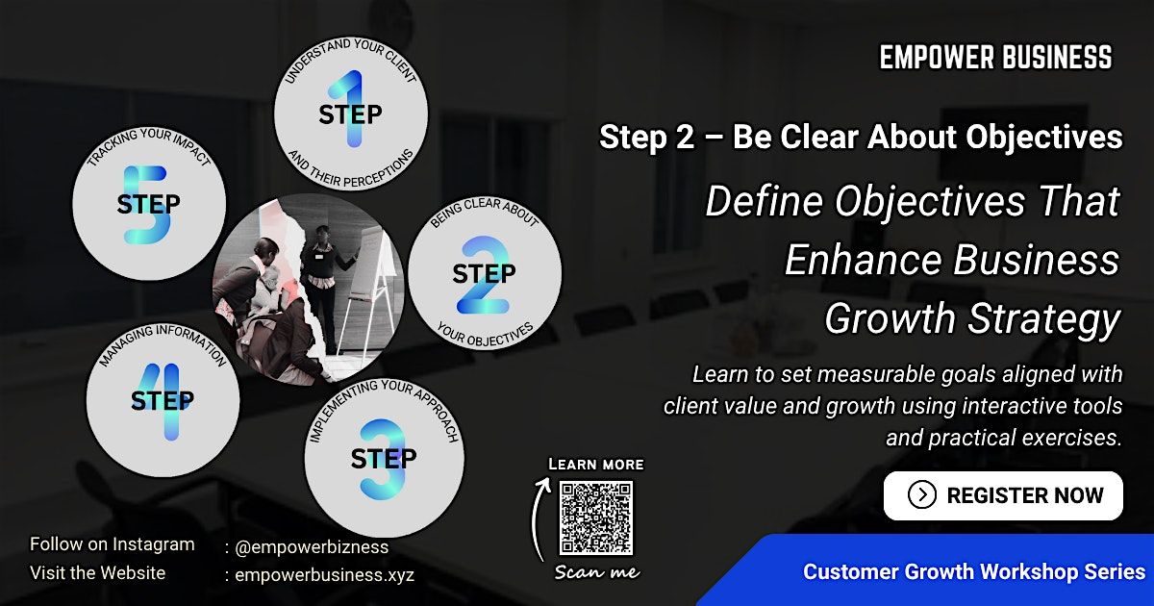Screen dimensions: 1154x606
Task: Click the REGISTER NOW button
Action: point(1003,495)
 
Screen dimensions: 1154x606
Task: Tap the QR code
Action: point(596,518)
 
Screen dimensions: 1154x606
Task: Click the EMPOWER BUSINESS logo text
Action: point(995,57)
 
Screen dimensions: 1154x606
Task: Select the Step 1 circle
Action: point(351,114)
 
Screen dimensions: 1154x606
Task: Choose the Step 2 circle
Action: point(485,272)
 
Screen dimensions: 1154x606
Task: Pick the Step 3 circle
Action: point(385,458)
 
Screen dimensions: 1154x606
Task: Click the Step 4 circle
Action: point(163,400)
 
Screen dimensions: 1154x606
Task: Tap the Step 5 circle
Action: point(149,203)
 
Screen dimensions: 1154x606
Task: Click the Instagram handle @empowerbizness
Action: point(312,547)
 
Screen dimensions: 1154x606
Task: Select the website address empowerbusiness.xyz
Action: point(325,574)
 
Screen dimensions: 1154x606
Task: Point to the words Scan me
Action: point(597,572)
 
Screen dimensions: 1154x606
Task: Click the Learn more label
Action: point(596,465)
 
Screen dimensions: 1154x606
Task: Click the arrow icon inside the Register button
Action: point(921,495)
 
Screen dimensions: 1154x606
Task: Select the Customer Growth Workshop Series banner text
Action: point(974,572)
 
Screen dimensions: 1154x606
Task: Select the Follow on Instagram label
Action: point(113,544)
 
